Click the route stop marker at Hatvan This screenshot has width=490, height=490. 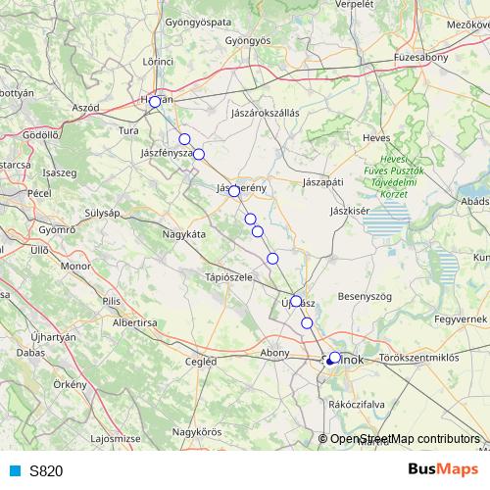pyautogui.click(x=155, y=102)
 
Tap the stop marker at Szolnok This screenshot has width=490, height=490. pyautogui.click(x=334, y=358)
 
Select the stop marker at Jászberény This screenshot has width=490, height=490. pyautogui.click(x=234, y=191)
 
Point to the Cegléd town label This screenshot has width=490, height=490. pyautogui.click(x=200, y=361)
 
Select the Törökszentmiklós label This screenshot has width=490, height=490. pyautogui.click(x=418, y=359)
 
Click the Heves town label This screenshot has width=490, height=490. pyautogui.click(x=376, y=138)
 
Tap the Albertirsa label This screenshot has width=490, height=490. pyautogui.click(x=135, y=321)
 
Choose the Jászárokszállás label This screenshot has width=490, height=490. pyautogui.click(x=265, y=113)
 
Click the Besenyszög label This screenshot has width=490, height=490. pyautogui.click(x=365, y=295)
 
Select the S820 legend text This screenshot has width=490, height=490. pyautogui.click(x=46, y=470)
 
